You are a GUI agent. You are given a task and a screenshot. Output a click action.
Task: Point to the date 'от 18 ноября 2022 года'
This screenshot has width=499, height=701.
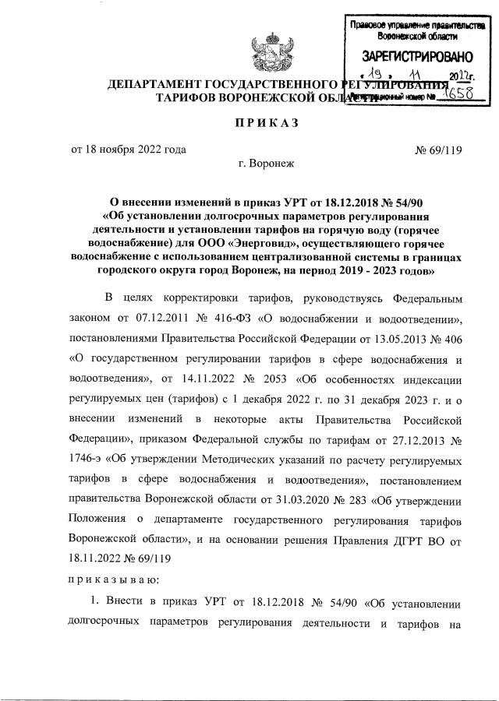coord(129,150)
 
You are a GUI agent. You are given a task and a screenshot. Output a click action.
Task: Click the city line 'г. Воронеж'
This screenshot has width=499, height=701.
coord(267,164)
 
